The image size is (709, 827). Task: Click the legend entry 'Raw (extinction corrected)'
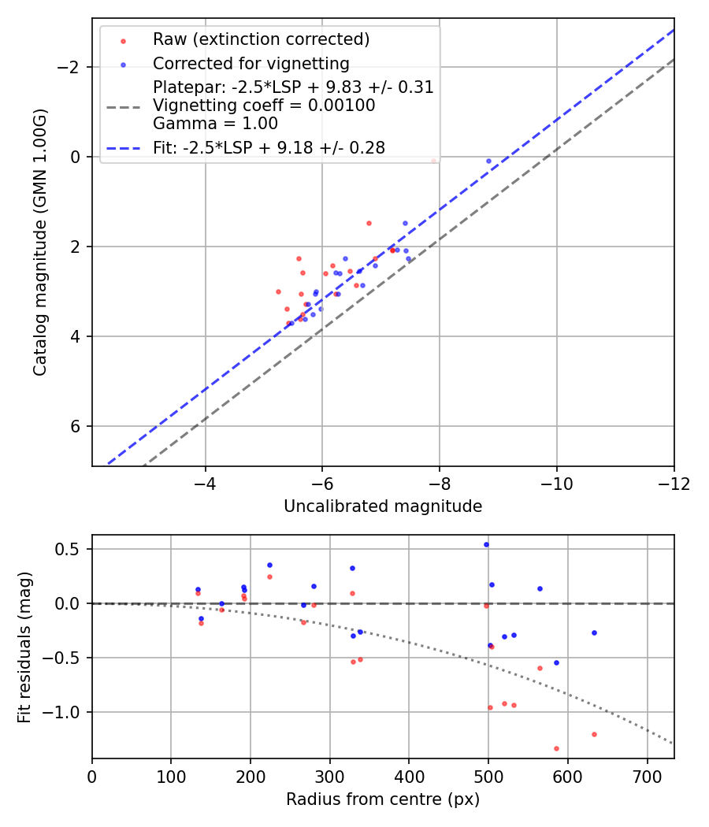(261, 39)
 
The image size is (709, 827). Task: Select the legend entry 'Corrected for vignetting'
(251, 63)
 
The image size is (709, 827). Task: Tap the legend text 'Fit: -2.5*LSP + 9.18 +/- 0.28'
(269, 148)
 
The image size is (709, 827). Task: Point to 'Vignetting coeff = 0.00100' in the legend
(264, 106)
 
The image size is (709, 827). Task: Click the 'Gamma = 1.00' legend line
(215, 124)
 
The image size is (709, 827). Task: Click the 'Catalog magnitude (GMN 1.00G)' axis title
(40, 243)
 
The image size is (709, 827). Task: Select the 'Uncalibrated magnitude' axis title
(383, 506)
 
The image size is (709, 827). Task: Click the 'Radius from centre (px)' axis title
(383, 799)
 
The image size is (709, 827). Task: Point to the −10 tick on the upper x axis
(556, 482)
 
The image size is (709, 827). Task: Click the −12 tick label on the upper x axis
(674, 482)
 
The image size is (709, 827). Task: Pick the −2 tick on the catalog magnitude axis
(72, 67)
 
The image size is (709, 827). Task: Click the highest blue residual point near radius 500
(486, 544)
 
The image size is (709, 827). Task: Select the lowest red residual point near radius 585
(556, 748)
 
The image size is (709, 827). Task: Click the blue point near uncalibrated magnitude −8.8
(488, 161)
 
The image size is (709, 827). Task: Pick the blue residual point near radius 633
(594, 632)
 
